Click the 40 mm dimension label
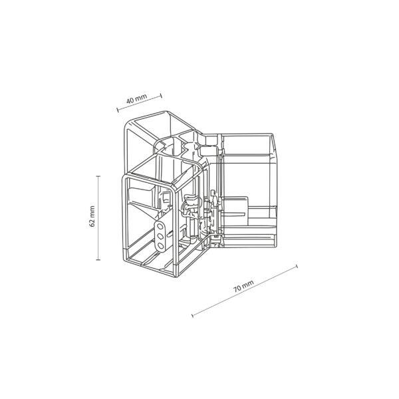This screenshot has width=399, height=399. point(136,98)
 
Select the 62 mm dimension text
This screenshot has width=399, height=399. point(92,217)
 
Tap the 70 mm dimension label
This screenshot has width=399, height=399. point(243,286)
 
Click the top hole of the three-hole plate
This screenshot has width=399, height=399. point(160,226)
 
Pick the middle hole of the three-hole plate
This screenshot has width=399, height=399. point(160,236)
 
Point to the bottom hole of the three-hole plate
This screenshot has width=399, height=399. point(160,246)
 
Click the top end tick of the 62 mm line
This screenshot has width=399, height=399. point(98,176)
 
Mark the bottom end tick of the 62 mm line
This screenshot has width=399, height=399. point(98,260)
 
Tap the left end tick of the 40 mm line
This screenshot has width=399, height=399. point(118,110)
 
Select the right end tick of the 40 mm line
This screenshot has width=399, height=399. point(161,96)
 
